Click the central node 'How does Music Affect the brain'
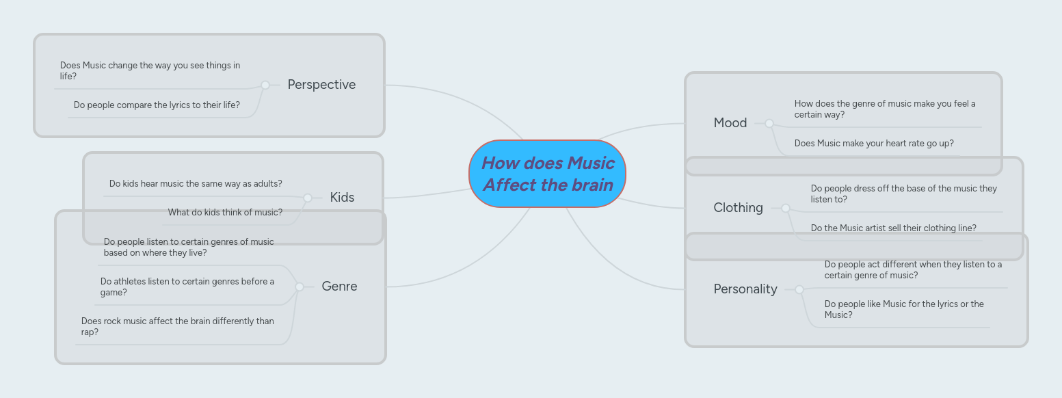tap(547, 174)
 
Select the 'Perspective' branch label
tap(321, 85)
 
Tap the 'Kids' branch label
tap(342, 198)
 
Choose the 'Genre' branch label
tap(339, 287)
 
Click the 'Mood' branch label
tap(730, 123)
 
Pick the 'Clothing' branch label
tap(738, 208)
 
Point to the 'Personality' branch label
tap(745, 289)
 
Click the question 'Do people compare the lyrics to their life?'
tap(157, 105)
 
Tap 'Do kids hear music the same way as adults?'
tap(196, 184)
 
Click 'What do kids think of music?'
tap(225, 213)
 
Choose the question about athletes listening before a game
tap(187, 287)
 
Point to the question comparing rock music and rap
tap(177, 326)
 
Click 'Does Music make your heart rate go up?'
tap(873, 144)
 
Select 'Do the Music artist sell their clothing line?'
tap(893, 228)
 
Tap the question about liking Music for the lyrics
tap(903, 309)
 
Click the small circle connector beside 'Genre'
tap(299, 287)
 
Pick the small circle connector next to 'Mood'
tap(769, 123)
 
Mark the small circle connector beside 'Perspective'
tap(265, 85)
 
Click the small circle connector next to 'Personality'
tap(799, 289)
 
